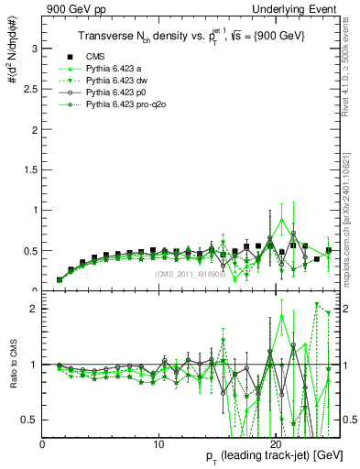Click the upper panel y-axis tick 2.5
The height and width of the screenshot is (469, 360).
point(30,88)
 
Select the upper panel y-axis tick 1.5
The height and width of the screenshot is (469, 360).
point(30,169)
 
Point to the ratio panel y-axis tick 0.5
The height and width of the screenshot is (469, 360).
point(30,420)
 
